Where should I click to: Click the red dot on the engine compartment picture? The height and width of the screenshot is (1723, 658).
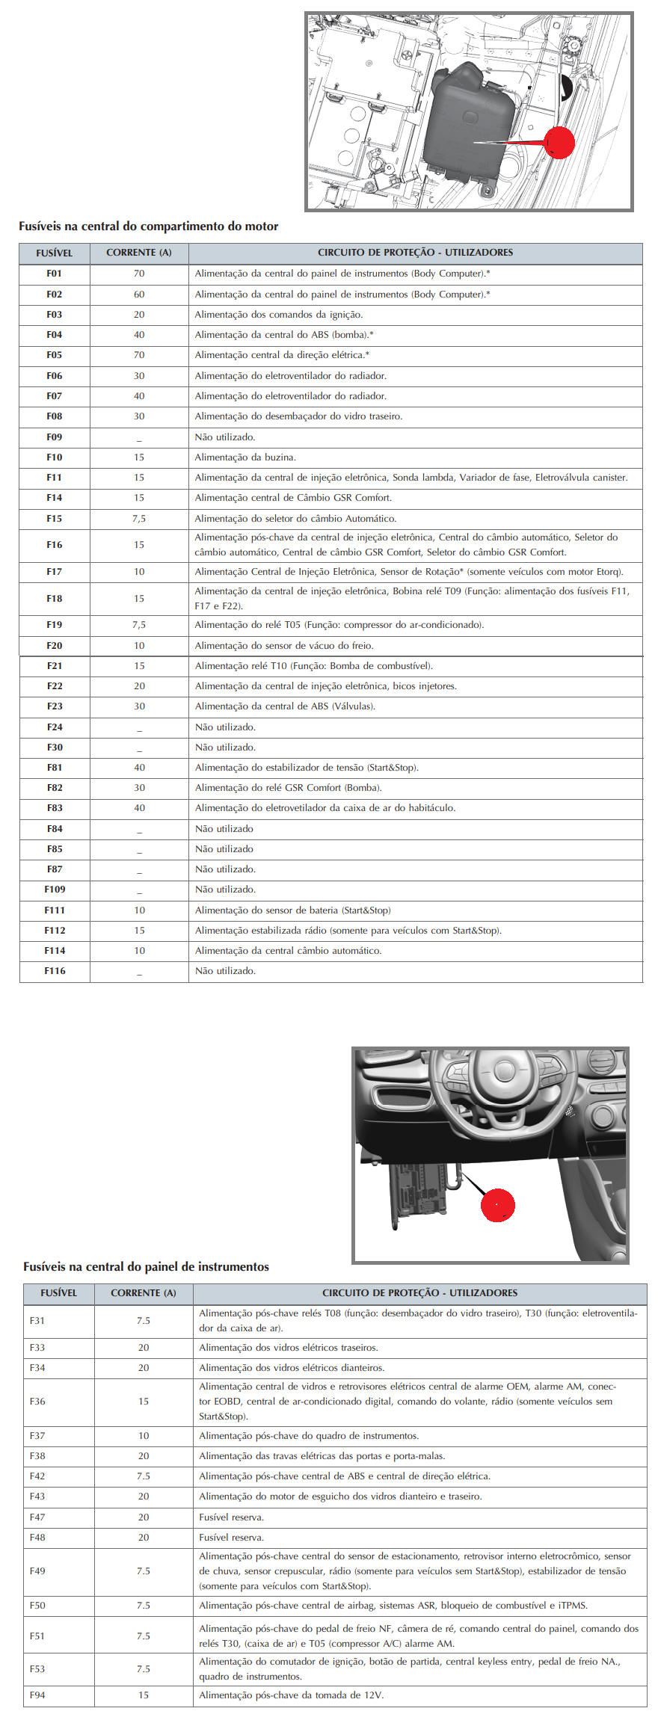(559, 143)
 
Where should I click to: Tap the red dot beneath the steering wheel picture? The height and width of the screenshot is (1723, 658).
(497, 1204)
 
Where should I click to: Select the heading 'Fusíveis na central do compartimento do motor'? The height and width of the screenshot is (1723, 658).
(148, 226)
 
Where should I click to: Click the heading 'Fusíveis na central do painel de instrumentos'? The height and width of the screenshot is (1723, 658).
(146, 1266)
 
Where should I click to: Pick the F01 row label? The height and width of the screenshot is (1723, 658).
(54, 274)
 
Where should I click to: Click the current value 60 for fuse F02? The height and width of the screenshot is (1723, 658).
(139, 295)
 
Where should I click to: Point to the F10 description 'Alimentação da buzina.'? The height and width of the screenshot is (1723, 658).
(245, 457)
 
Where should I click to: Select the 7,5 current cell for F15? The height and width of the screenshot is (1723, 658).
(139, 518)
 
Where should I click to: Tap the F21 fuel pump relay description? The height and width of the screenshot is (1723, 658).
(313, 665)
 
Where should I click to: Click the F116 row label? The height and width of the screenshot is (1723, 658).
(55, 970)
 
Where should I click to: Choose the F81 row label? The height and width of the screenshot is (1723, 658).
(55, 767)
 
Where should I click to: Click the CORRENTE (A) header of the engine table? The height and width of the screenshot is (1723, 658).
(139, 253)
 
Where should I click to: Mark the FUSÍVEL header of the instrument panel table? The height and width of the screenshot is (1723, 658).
(58, 1292)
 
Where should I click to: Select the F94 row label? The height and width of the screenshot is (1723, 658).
(37, 1695)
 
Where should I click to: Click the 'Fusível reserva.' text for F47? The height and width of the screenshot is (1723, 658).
(231, 1517)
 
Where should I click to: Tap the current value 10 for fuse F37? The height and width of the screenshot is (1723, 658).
(144, 1435)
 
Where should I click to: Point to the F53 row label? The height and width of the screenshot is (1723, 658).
(37, 1668)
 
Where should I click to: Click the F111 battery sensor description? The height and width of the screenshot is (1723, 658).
(292, 910)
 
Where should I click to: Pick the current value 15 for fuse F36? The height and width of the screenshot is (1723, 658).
(144, 1401)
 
